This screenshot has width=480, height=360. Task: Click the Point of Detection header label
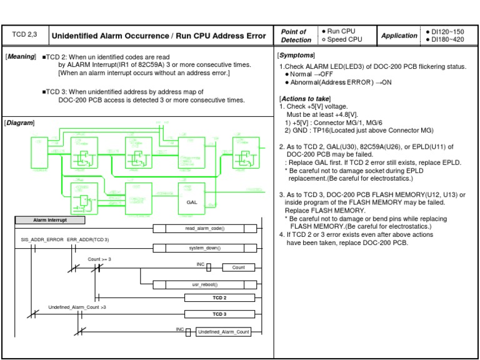pyautogui.click(x=294, y=36)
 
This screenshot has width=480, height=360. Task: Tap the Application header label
pyautogui.click(x=399, y=36)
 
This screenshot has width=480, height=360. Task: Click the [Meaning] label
pyautogui.click(x=21, y=57)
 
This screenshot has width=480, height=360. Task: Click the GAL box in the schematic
pyautogui.click(x=192, y=202)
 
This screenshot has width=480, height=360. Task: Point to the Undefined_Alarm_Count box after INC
pyautogui.click(x=223, y=332)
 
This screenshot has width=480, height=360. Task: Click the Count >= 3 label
pyautogui.click(x=99, y=258)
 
